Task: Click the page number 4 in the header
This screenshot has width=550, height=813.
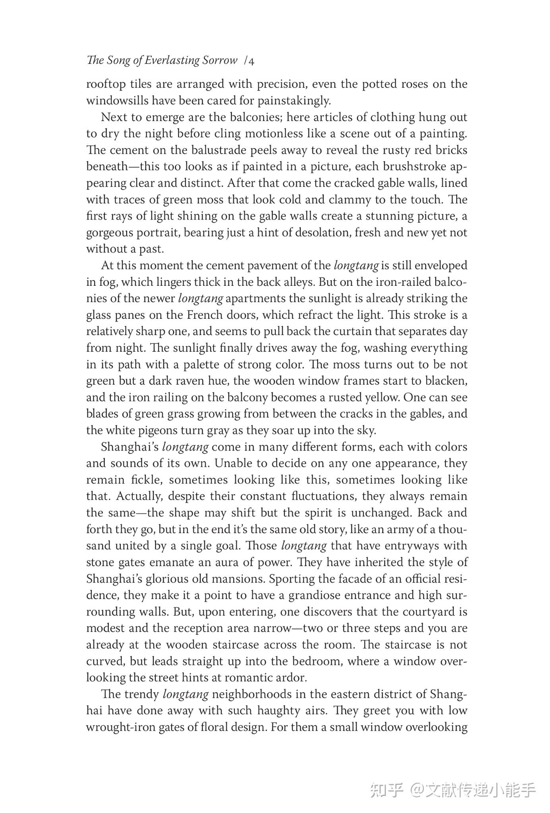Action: tap(252, 61)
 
